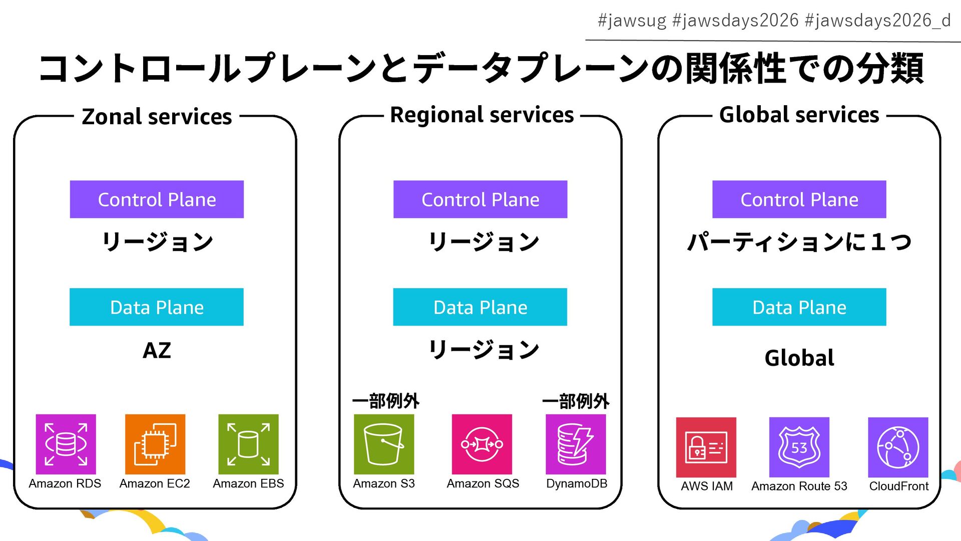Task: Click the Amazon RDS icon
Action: pyautogui.click(x=66, y=444)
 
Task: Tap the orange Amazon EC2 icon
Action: pyautogui.click(x=155, y=444)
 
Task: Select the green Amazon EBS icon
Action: pyautogui.click(x=248, y=444)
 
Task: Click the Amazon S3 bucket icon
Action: pyautogui.click(x=384, y=444)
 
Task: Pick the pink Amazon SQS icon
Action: pyautogui.click(x=482, y=444)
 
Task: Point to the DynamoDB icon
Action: pyautogui.click(x=576, y=444)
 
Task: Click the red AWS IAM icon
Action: pyautogui.click(x=706, y=447)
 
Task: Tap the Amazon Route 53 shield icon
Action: pyautogui.click(x=799, y=447)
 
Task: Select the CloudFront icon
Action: pyautogui.click(x=898, y=447)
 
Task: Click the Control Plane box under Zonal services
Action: pyautogui.click(x=157, y=199)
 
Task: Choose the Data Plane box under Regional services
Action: pyautogui.click(x=480, y=307)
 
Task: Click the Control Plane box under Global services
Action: pyautogui.click(x=799, y=199)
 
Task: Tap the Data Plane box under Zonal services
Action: pyautogui.click(x=157, y=307)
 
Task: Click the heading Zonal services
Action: pyautogui.click(x=157, y=117)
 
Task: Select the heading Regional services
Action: pyautogui.click(x=482, y=115)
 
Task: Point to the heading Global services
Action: pyautogui.click(x=799, y=115)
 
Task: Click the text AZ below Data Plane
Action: pyautogui.click(x=157, y=350)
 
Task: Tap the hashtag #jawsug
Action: pyautogui.click(x=632, y=21)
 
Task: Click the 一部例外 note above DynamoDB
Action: pyautogui.click(x=576, y=401)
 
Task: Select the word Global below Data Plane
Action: pyautogui.click(x=799, y=358)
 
